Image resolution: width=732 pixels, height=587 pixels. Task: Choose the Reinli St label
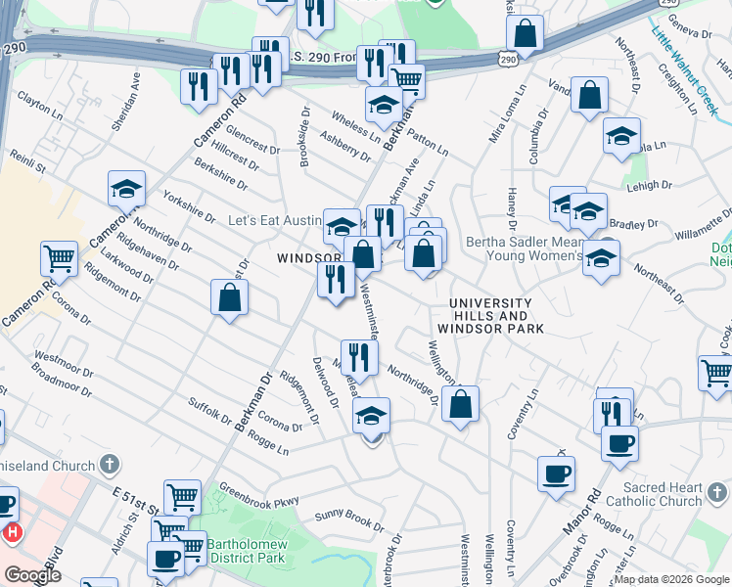coord(28,162)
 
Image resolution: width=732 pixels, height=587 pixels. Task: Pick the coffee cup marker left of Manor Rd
coord(556,474)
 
